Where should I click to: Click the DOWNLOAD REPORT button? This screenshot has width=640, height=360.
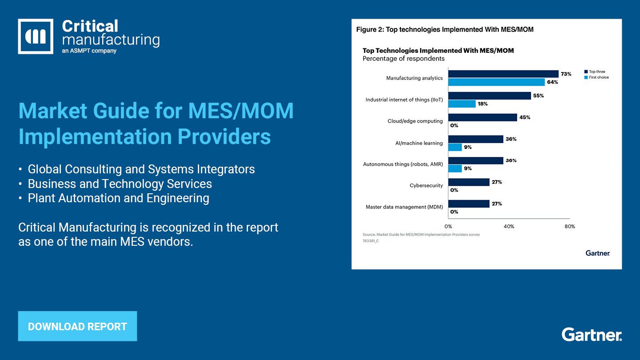77,326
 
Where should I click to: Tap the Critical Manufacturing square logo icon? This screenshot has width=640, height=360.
36,36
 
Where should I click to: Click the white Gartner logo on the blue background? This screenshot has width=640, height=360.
592,335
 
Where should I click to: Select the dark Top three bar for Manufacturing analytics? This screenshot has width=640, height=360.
503,74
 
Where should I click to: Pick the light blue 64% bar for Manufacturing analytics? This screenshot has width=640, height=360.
496,82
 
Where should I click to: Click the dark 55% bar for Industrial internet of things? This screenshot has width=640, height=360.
489,96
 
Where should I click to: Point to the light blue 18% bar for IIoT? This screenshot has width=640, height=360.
462,104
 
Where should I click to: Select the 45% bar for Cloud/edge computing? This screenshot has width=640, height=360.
482,117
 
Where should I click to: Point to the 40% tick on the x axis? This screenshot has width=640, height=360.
509,226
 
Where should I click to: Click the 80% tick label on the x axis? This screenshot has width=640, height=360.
569,226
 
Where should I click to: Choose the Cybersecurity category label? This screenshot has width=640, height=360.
426,185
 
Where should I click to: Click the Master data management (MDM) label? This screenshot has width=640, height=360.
404,207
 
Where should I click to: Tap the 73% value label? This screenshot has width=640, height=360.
566,74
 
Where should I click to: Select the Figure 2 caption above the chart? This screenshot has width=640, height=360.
444,30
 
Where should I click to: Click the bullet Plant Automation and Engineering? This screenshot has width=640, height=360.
118,198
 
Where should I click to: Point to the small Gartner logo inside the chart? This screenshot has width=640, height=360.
598,253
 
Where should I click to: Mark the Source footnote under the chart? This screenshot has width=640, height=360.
421,234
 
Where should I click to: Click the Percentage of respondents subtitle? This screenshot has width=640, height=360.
403,58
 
